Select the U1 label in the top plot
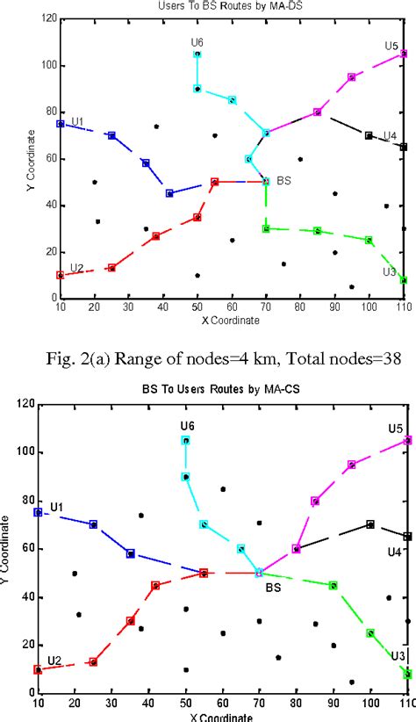77,121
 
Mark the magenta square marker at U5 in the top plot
404,53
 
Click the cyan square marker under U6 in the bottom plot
185,440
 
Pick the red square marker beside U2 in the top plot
61,275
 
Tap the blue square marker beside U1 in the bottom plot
38,512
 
